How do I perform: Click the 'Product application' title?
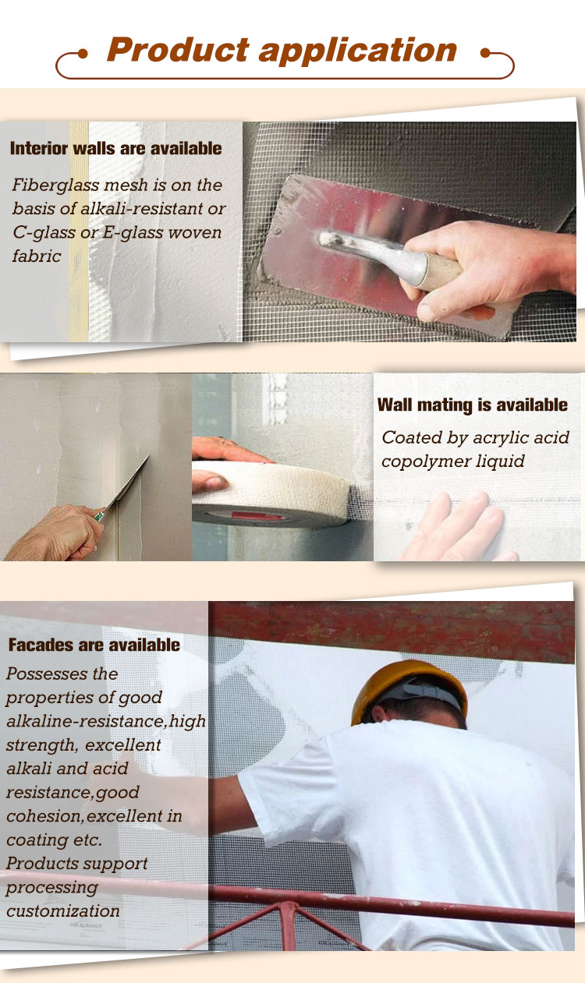282,51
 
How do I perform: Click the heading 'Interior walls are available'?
115,149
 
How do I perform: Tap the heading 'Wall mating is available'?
472,405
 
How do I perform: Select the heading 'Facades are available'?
94,645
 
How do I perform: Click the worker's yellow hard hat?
407,685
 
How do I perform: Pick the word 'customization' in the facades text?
63,911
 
